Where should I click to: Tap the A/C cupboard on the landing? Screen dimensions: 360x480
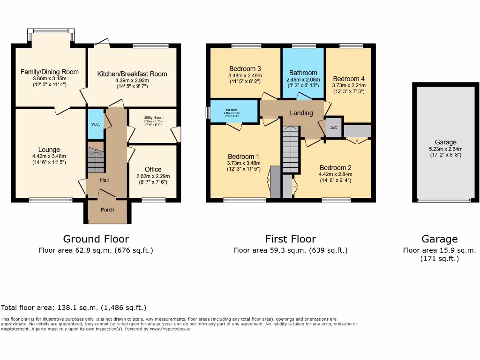pos(334,127)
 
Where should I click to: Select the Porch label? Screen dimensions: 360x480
pos(107,210)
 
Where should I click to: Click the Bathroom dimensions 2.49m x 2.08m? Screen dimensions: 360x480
pos(303,80)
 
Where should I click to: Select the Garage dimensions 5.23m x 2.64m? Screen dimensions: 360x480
pos(445,149)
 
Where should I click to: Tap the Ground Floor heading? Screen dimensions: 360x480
pos(96,239)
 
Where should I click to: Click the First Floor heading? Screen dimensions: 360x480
pos(290,239)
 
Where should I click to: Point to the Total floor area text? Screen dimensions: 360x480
pos(74,307)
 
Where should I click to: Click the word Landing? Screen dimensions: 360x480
pos(301,113)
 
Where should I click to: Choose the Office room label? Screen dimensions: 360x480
pos(153,169)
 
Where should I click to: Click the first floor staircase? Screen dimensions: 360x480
pos(290,150)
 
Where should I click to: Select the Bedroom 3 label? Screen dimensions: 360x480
pos(245,68)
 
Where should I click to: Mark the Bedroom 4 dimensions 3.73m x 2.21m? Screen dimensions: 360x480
pos(349,86)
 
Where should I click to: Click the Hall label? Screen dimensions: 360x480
pos(105,180)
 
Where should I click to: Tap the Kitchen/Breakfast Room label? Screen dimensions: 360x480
pos(132,74)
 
